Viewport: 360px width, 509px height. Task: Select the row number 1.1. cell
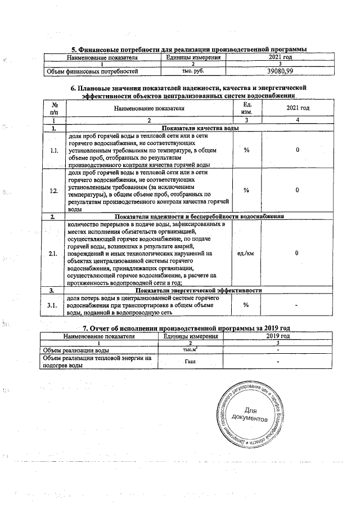(55, 151)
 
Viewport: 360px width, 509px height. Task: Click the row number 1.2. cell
(55, 191)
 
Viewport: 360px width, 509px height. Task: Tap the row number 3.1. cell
(55, 304)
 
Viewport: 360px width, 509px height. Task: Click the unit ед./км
(246, 254)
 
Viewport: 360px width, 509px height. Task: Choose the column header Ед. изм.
(246, 108)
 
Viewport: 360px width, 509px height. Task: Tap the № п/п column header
(55, 108)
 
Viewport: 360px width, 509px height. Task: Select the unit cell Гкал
(190, 361)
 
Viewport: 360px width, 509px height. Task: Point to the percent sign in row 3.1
(246, 304)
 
